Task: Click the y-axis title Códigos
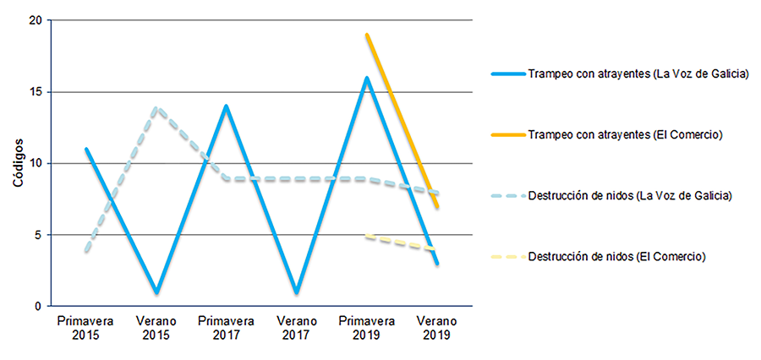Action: click(17, 163)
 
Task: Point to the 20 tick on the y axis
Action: click(36, 20)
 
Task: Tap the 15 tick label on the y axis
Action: click(36, 91)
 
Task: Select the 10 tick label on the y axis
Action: click(36, 163)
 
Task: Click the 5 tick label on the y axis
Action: click(39, 234)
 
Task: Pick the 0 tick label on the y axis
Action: click(39, 306)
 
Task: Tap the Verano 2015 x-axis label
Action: click(156, 328)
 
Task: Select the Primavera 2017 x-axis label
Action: click(227, 328)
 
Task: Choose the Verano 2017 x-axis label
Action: click(297, 328)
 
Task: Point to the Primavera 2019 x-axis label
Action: click(367, 328)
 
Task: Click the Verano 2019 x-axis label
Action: click(437, 328)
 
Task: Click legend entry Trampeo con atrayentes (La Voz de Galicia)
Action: click(638, 74)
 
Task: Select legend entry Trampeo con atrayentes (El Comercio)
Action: click(623, 134)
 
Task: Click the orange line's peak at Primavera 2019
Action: click(367, 35)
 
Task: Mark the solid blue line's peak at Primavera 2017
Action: click(227, 106)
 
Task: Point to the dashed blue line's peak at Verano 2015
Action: click(156, 107)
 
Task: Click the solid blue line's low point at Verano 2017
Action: click(297, 292)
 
